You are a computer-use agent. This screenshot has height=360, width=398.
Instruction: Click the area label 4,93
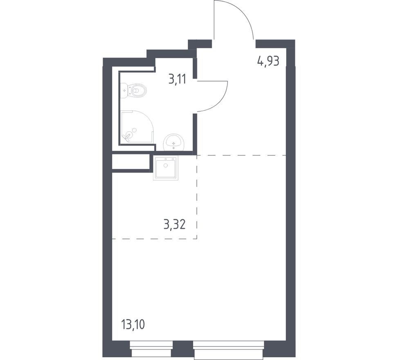pos(268,61)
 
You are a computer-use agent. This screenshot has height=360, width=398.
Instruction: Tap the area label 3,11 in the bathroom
pos(177,79)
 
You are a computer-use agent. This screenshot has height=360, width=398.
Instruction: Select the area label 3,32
pos(174,224)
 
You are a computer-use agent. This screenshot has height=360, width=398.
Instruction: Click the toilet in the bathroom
pos(138,90)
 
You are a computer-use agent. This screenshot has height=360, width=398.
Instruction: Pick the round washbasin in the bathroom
pos(174,142)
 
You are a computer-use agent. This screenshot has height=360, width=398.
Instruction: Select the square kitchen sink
pos(165,168)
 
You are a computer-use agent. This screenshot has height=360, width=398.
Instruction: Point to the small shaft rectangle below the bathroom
pos(130,162)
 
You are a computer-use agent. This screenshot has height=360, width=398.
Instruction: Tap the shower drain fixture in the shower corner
pos(128,135)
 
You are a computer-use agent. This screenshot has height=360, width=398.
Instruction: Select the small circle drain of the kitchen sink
pos(165,165)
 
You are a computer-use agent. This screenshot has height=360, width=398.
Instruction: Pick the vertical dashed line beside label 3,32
pos(197,196)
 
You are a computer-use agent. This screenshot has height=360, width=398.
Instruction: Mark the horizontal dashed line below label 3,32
pos(154,239)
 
